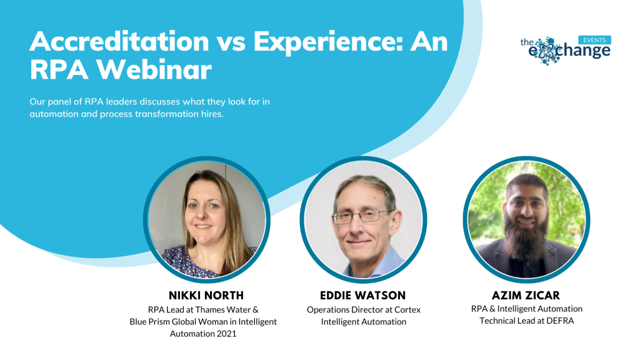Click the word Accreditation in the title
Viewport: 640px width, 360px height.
coord(119,41)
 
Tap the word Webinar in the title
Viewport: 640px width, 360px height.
coord(154,69)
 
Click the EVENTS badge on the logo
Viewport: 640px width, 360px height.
coord(594,40)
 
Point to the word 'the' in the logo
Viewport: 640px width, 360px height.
coord(527,42)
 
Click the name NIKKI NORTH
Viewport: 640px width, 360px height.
coord(206,296)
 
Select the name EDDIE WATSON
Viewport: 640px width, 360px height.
coord(363,296)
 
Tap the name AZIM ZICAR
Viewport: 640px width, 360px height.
coord(526,296)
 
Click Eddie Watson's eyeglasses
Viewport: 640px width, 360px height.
coord(360,216)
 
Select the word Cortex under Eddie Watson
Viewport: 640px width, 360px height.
coord(407,310)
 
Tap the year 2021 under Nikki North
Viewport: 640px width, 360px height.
coord(226,334)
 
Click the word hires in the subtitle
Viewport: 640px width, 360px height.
coord(212,114)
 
